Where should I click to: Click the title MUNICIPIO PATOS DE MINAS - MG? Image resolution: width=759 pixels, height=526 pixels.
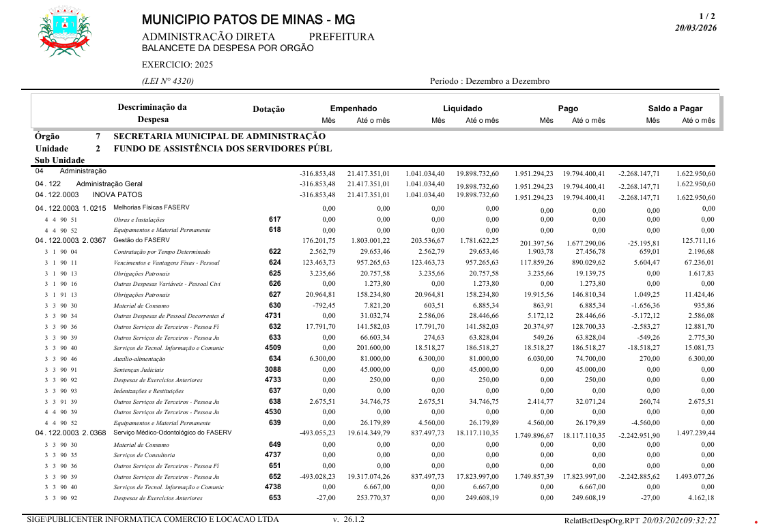pyautogui.click(x=248, y=20)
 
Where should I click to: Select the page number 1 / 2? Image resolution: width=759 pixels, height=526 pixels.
pyautogui.click(x=707, y=16)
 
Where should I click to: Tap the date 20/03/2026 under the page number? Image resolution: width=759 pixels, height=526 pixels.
pyautogui.click(x=696, y=28)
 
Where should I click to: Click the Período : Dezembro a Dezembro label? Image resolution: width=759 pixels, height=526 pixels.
pyautogui.click(x=489, y=81)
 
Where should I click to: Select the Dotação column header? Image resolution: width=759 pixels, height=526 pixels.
pyautogui.click(x=268, y=109)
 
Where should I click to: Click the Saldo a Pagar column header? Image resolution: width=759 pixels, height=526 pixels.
pyautogui.click(x=674, y=108)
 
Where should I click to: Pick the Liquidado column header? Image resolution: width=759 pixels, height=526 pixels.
pyautogui.click(x=462, y=108)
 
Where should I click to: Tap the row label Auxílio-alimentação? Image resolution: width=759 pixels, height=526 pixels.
pyautogui.click(x=139, y=359)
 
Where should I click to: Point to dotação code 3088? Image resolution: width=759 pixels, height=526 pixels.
pyautogui.click(x=272, y=369)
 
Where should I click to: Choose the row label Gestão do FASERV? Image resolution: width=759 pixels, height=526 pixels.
pyautogui.click(x=137, y=240)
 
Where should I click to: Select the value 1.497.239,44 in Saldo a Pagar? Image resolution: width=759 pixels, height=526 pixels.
pyautogui.click(x=696, y=433)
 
